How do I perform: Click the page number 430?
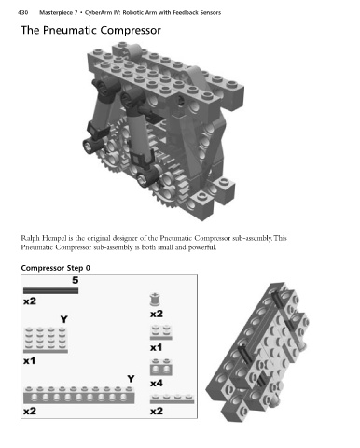coord(22,13)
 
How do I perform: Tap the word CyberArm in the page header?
coord(96,13)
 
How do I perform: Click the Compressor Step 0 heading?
coord(56,268)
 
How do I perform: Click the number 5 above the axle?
coord(76,280)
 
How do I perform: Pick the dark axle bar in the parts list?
coord(50,291)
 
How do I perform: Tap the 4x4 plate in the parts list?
coord(46,340)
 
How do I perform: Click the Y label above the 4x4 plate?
coord(63,319)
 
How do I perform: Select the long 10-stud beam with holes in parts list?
coord(79,395)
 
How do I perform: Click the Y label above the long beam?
coord(131,379)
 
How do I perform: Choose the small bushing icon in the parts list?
coord(155,300)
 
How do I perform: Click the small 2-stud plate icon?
coord(161,332)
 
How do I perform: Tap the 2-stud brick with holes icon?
coord(161,367)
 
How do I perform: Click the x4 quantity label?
coord(157,384)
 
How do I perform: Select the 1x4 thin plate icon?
coord(172,399)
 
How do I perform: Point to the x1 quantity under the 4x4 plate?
coord(30,361)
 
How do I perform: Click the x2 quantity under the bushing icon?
coord(157,314)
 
